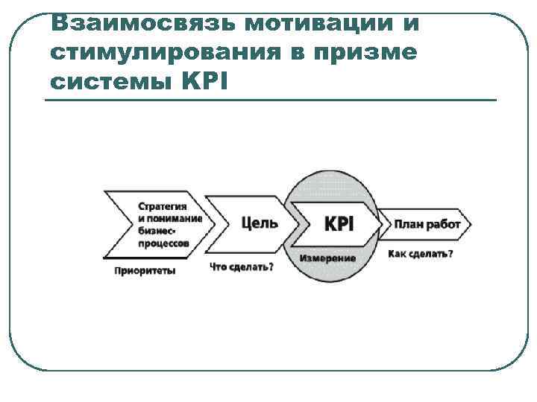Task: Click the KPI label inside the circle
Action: pyautogui.click(x=339, y=223)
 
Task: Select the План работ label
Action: pyautogui.click(x=427, y=224)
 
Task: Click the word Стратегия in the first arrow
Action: pyautogui.click(x=163, y=205)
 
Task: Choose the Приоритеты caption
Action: pyautogui.click(x=145, y=271)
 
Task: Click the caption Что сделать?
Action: pyautogui.click(x=241, y=267)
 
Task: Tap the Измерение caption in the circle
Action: pyautogui.click(x=327, y=258)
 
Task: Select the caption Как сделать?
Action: pyautogui.click(x=420, y=254)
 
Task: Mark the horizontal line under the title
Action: pyautogui.click(x=270, y=100)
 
